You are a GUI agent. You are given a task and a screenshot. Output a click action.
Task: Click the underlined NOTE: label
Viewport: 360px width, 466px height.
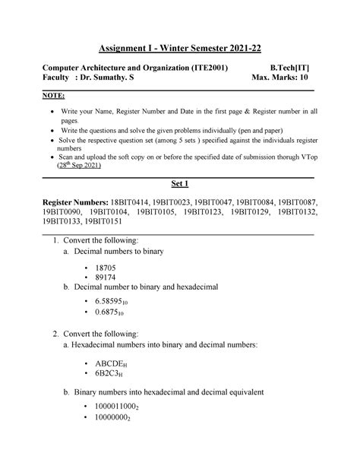pos(52,97)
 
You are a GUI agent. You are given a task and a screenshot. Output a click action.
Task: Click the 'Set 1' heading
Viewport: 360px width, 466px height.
pos(180,184)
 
